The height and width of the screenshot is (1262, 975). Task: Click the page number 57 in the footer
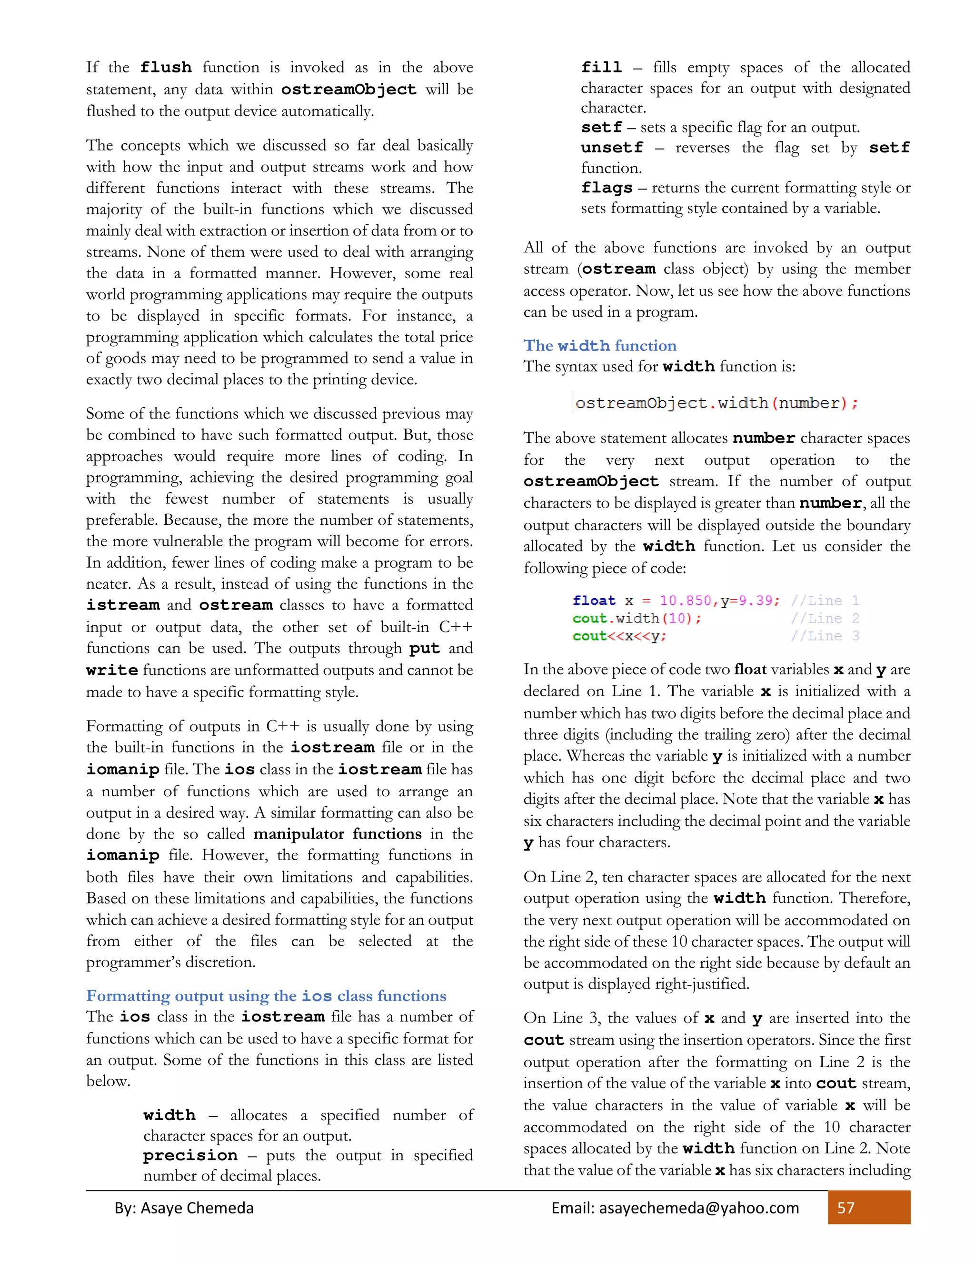846,1208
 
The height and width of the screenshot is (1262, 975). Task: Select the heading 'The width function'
599,346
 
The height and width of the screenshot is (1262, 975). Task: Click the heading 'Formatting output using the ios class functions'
266,996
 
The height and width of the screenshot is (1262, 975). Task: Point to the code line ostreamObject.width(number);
716,403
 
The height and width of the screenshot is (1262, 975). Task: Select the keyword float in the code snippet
594,601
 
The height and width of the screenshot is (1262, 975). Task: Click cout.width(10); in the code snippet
637,618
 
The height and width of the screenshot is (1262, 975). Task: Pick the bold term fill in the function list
601,68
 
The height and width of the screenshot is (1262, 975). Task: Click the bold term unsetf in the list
612,148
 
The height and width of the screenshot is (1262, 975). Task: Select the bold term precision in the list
190,1156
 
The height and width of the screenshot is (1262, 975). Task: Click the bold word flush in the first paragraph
166,68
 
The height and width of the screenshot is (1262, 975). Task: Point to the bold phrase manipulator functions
338,834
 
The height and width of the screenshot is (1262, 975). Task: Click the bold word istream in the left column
122,605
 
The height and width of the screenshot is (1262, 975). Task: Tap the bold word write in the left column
112,671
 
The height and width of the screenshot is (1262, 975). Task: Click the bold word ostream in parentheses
618,269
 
